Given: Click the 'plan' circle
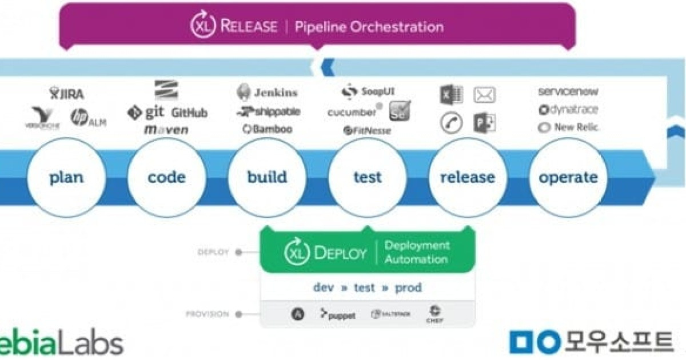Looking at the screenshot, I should (x=66, y=177).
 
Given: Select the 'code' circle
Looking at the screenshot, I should (x=166, y=177).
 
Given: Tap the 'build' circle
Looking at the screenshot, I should (x=267, y=177).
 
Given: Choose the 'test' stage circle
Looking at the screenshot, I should (x=367, y=177).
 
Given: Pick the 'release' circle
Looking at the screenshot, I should (x=467, y=177).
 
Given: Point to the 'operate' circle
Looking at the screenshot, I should (x=568, y=177).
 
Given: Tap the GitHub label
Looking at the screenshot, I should (x=189, y=113).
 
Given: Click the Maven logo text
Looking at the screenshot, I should (x=166, y=130).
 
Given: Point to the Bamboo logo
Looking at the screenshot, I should (x=267, y=129).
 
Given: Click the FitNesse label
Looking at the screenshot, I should (x=367, y=131).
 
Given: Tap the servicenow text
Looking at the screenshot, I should (x=568, y=91).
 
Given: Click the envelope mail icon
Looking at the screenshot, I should (x=484, y=95).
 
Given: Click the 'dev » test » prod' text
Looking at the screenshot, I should (x=367, y=287).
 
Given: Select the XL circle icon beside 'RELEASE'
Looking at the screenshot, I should (x=203, y=26).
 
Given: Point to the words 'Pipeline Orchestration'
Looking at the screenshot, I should (x=369, y=26).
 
